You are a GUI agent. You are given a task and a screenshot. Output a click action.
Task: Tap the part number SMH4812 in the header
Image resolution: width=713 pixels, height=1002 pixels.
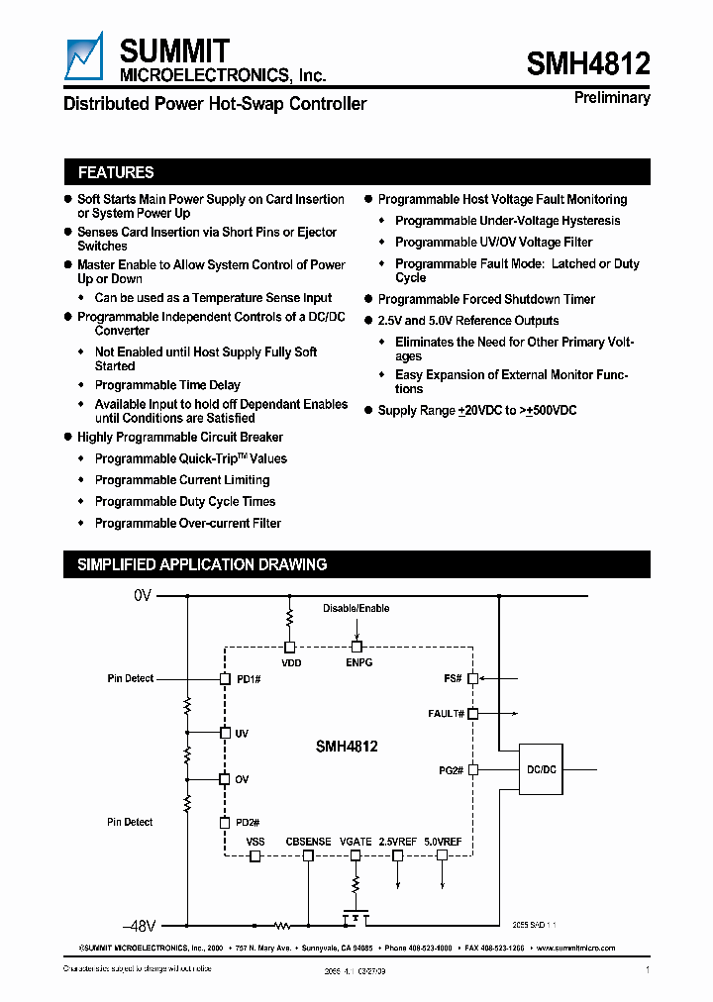click(588, 64)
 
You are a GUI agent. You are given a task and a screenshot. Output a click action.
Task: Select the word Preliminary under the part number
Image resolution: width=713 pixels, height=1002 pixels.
click(612, 97)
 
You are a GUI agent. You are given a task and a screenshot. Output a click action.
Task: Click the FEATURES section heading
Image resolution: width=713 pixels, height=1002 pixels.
click(116, 172)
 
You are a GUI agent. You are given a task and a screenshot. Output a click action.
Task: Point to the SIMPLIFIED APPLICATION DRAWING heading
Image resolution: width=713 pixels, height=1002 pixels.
click(202, 564)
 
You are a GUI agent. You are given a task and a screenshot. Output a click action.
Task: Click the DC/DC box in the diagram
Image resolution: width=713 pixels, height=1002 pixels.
click(540, 768)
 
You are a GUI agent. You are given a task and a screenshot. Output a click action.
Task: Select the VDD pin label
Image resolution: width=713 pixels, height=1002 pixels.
click(291, 662)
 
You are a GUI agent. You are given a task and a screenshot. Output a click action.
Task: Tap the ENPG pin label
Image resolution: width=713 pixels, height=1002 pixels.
click(358, 662)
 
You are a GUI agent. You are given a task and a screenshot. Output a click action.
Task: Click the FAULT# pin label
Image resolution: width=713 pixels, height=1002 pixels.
click(447, 713)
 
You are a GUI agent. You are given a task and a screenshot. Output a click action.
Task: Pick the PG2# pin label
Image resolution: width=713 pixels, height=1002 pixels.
click(452, 769)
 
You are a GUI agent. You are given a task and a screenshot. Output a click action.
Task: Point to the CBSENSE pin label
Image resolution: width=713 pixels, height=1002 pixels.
click(308, 842)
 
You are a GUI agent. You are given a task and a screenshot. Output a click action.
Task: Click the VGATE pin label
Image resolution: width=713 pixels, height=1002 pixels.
click(356, 842)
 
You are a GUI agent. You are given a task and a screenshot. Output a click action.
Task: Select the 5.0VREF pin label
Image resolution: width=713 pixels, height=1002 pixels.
click(443, 842)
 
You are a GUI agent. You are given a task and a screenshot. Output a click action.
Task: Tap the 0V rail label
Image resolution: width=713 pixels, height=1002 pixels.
click(143, 596)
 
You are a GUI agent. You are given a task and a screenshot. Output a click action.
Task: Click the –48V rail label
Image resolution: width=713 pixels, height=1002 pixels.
click(140, 927)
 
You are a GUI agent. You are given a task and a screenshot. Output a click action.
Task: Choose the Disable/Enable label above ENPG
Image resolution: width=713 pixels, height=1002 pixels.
click(356, 609)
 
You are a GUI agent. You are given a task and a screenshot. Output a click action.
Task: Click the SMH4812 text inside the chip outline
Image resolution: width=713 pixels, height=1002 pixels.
click(347, 748)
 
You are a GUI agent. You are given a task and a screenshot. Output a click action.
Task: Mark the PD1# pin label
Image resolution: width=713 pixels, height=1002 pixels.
click(247, 679)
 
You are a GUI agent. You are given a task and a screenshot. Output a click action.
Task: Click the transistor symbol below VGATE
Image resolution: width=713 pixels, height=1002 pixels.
click(356, 917)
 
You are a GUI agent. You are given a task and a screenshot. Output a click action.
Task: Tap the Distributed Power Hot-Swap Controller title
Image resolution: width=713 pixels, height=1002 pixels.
click(215, 104)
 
